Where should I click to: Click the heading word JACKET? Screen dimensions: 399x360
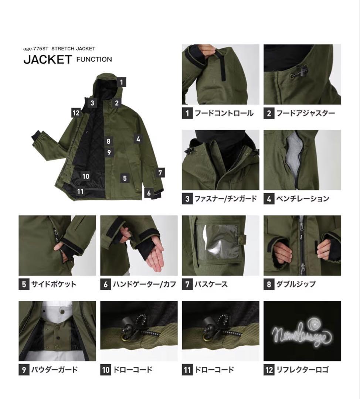coord(47,59)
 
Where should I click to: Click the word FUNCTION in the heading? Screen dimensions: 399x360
coord(94,59)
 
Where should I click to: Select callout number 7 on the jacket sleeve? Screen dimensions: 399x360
coord(160,173)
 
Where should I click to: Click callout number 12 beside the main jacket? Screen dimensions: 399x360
coord(76,113)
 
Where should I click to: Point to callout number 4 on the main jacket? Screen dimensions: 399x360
coord(138,139)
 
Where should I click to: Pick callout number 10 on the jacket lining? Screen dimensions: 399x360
coord(86,176)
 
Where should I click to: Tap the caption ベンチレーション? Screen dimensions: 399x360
coord(302,199)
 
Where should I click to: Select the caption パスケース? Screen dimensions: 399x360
coord(211,284)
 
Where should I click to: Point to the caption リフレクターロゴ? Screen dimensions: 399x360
coord(302,369)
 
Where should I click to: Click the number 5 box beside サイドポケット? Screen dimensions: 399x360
coord(24,284)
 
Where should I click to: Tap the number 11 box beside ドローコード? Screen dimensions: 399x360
coord(187,369)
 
